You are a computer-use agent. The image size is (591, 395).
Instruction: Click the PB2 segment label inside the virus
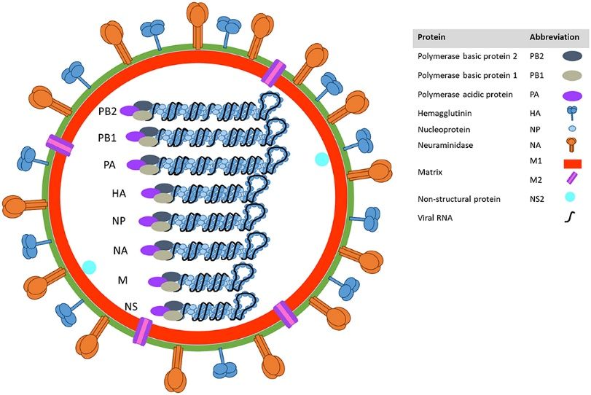(108, 112)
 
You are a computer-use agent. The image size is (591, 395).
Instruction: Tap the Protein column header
(429, 37)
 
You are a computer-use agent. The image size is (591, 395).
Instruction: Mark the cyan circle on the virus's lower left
(90, 267)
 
